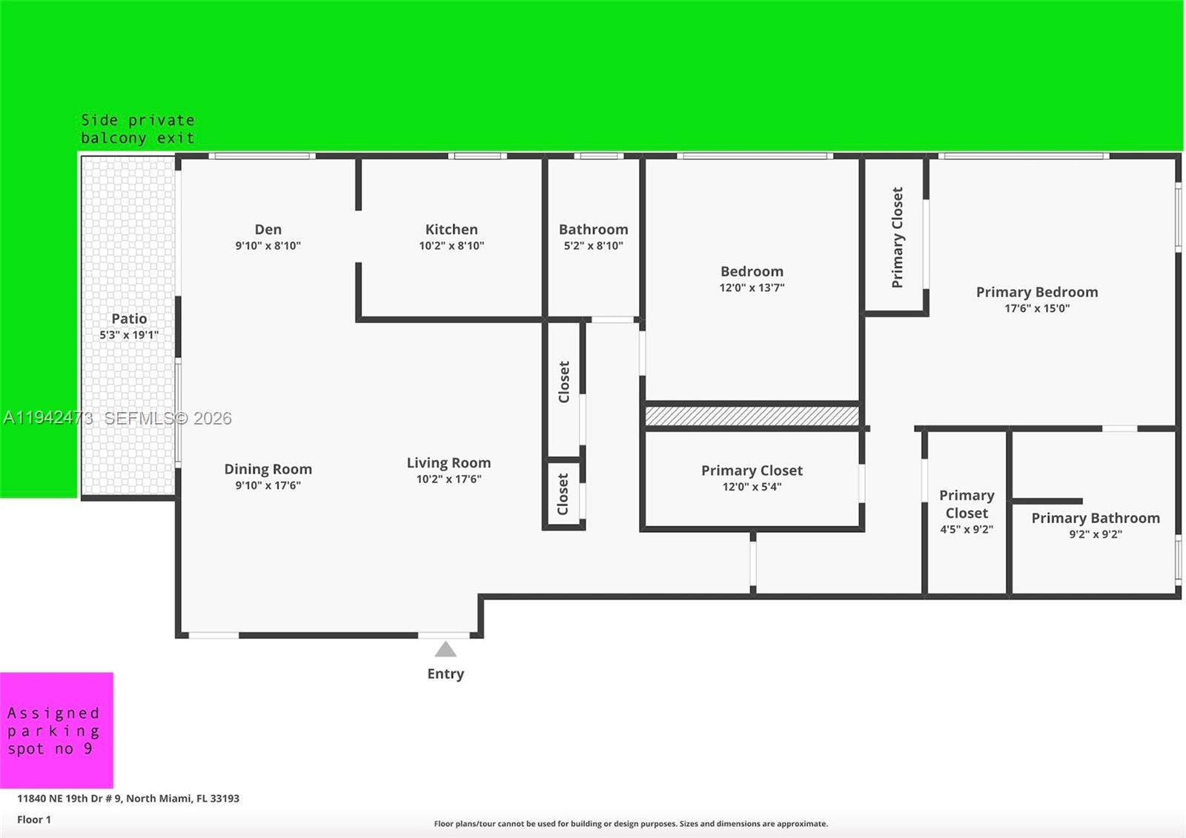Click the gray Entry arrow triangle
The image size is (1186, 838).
(445, 650)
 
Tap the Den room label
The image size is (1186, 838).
(268, 230)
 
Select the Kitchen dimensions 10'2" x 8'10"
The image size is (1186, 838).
(451, 246)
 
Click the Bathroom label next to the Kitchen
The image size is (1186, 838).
(593, 230)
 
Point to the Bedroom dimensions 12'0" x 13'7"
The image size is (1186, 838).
(752, 287)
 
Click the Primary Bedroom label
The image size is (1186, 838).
(1036, 292)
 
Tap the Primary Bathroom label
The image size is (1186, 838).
(1095, 518)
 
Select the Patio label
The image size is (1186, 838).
(129, 319)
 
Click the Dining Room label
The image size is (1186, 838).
(268, 469)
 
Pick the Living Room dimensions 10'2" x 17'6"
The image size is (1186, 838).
(448, 479)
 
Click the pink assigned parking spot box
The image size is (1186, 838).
(56, 730)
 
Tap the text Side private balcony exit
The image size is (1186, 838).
(137, 129)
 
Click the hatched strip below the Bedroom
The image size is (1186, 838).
(752, 416)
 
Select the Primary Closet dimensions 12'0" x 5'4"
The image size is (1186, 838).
(752, 487)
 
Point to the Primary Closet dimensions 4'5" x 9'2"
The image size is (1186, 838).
(966, 530)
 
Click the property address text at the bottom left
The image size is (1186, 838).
(128, 798)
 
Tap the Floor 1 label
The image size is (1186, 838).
(34, 819)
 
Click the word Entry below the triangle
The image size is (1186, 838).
(445, 674)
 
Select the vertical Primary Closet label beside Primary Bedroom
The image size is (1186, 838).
(897, 237)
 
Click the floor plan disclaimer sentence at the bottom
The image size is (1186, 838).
(631, 824)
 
